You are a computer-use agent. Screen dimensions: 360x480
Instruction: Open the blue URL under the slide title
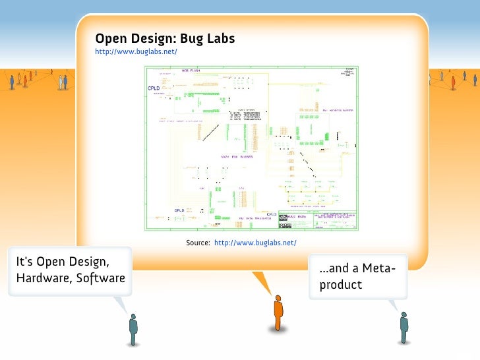tap(136, 51)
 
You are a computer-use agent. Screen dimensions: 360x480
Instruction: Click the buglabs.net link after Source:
tap(256, 243)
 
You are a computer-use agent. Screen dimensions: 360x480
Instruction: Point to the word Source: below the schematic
tap(198, 243)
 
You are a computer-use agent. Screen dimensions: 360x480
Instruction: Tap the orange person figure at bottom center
tap(278, 313)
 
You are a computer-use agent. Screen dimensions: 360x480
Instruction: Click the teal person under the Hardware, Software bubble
tap(133, 328)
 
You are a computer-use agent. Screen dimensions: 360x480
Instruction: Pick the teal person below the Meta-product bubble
tap(404, 326)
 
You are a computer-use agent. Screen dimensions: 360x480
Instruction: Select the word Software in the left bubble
tap(100, 278)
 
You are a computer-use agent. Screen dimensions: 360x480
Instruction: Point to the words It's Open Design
tap(63, 261)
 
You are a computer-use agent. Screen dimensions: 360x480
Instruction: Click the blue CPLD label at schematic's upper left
tap(154, 89)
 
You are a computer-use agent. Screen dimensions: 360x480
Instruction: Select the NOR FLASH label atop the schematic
tap(191, 71)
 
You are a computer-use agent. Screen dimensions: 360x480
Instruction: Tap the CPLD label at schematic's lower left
tap(179, 210)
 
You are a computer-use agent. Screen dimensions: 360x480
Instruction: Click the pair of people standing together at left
tap(63, 82)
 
